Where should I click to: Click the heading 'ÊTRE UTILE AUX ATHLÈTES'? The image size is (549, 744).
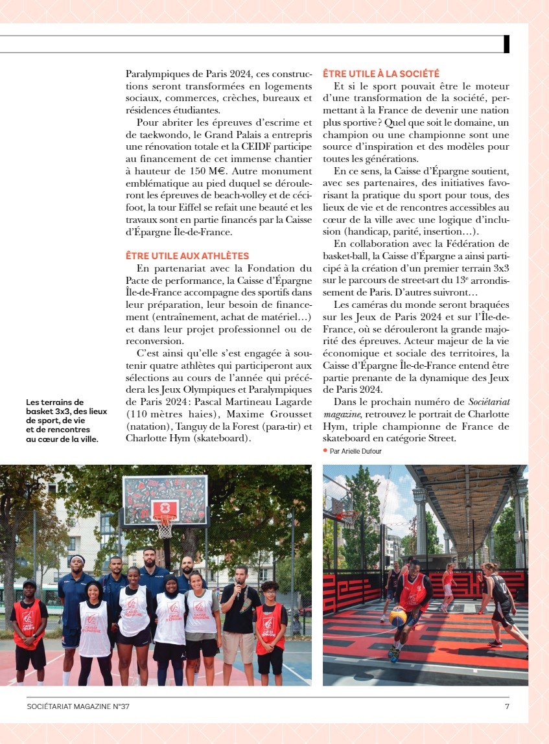click(187, 256)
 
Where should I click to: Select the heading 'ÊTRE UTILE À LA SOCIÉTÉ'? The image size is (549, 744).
click(380, 75)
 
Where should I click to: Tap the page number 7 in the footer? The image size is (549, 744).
click(507, 706)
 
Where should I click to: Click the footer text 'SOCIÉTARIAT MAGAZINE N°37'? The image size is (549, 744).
click(78, 706)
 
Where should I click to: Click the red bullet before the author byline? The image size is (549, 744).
click(325, 450)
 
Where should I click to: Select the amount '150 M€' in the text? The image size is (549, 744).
click(208, 172)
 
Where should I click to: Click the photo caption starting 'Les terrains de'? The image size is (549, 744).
click(62, 421)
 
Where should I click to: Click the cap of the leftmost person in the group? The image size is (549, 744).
click(29, 584)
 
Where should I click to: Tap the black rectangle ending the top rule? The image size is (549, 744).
click(506, 43)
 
